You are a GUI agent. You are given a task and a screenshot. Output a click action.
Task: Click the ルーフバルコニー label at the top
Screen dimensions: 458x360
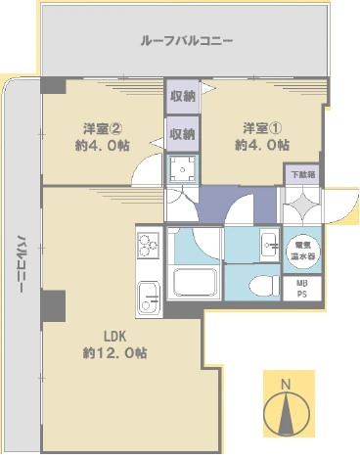coord(187,41)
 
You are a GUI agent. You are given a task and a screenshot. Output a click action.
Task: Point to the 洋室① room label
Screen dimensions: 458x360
coord(261,128)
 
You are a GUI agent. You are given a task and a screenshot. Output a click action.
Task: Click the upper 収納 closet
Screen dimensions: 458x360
coord(183,96)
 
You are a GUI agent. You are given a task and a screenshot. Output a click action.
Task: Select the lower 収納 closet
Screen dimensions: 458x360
coord(183,132)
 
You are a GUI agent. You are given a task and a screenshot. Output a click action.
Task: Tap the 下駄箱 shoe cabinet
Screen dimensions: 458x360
coord(303,174)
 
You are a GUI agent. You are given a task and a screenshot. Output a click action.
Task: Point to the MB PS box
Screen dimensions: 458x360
coord(301,288)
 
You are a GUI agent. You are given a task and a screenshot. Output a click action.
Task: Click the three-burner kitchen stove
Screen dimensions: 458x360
coord(149,243)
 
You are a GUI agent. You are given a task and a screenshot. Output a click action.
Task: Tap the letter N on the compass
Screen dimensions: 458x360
coord(286,384)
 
